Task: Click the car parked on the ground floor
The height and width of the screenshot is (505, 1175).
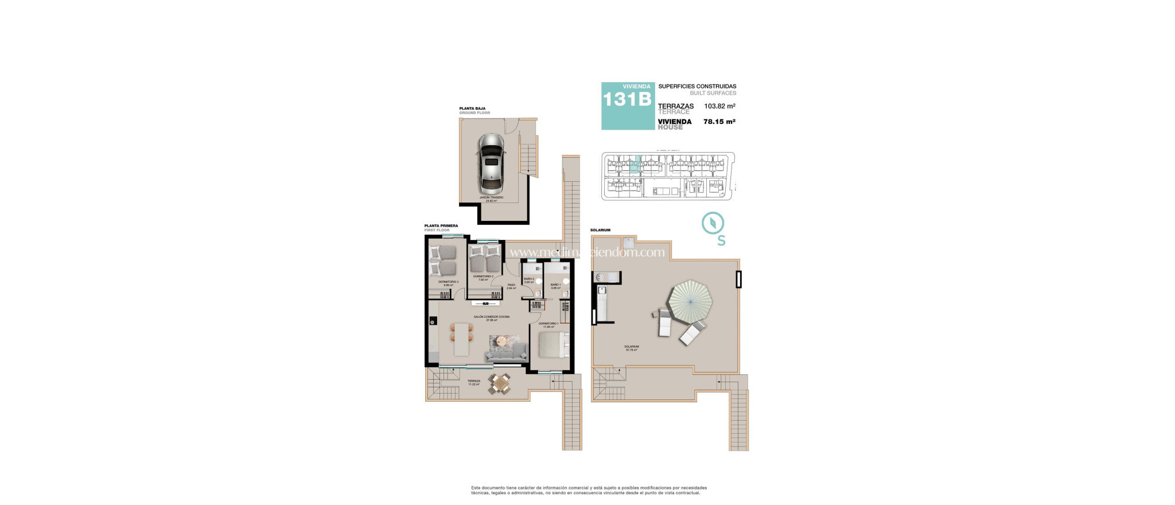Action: point(491,164)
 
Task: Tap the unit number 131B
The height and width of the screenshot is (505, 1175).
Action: point(627,100)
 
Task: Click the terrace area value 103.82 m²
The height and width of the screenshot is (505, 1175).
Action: point(719,106)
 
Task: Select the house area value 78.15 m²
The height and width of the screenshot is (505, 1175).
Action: point(719,122)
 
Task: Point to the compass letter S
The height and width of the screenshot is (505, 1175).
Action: point(721,241)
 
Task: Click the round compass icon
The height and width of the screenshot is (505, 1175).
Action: point(713,223)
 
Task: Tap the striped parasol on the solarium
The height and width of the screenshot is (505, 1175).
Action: point(690,303)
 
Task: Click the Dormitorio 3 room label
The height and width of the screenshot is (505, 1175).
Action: point(448,282)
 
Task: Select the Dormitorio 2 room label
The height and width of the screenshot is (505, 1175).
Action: point(483,277)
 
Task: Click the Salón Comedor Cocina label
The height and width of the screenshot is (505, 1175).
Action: point(491,317)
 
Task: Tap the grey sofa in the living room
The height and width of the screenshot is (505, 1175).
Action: point(507,353)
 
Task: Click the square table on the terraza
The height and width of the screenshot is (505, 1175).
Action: point(500,383)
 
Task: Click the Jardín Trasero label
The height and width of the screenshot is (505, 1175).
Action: point(491,198)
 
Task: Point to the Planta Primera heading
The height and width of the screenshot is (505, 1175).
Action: point(441,226)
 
